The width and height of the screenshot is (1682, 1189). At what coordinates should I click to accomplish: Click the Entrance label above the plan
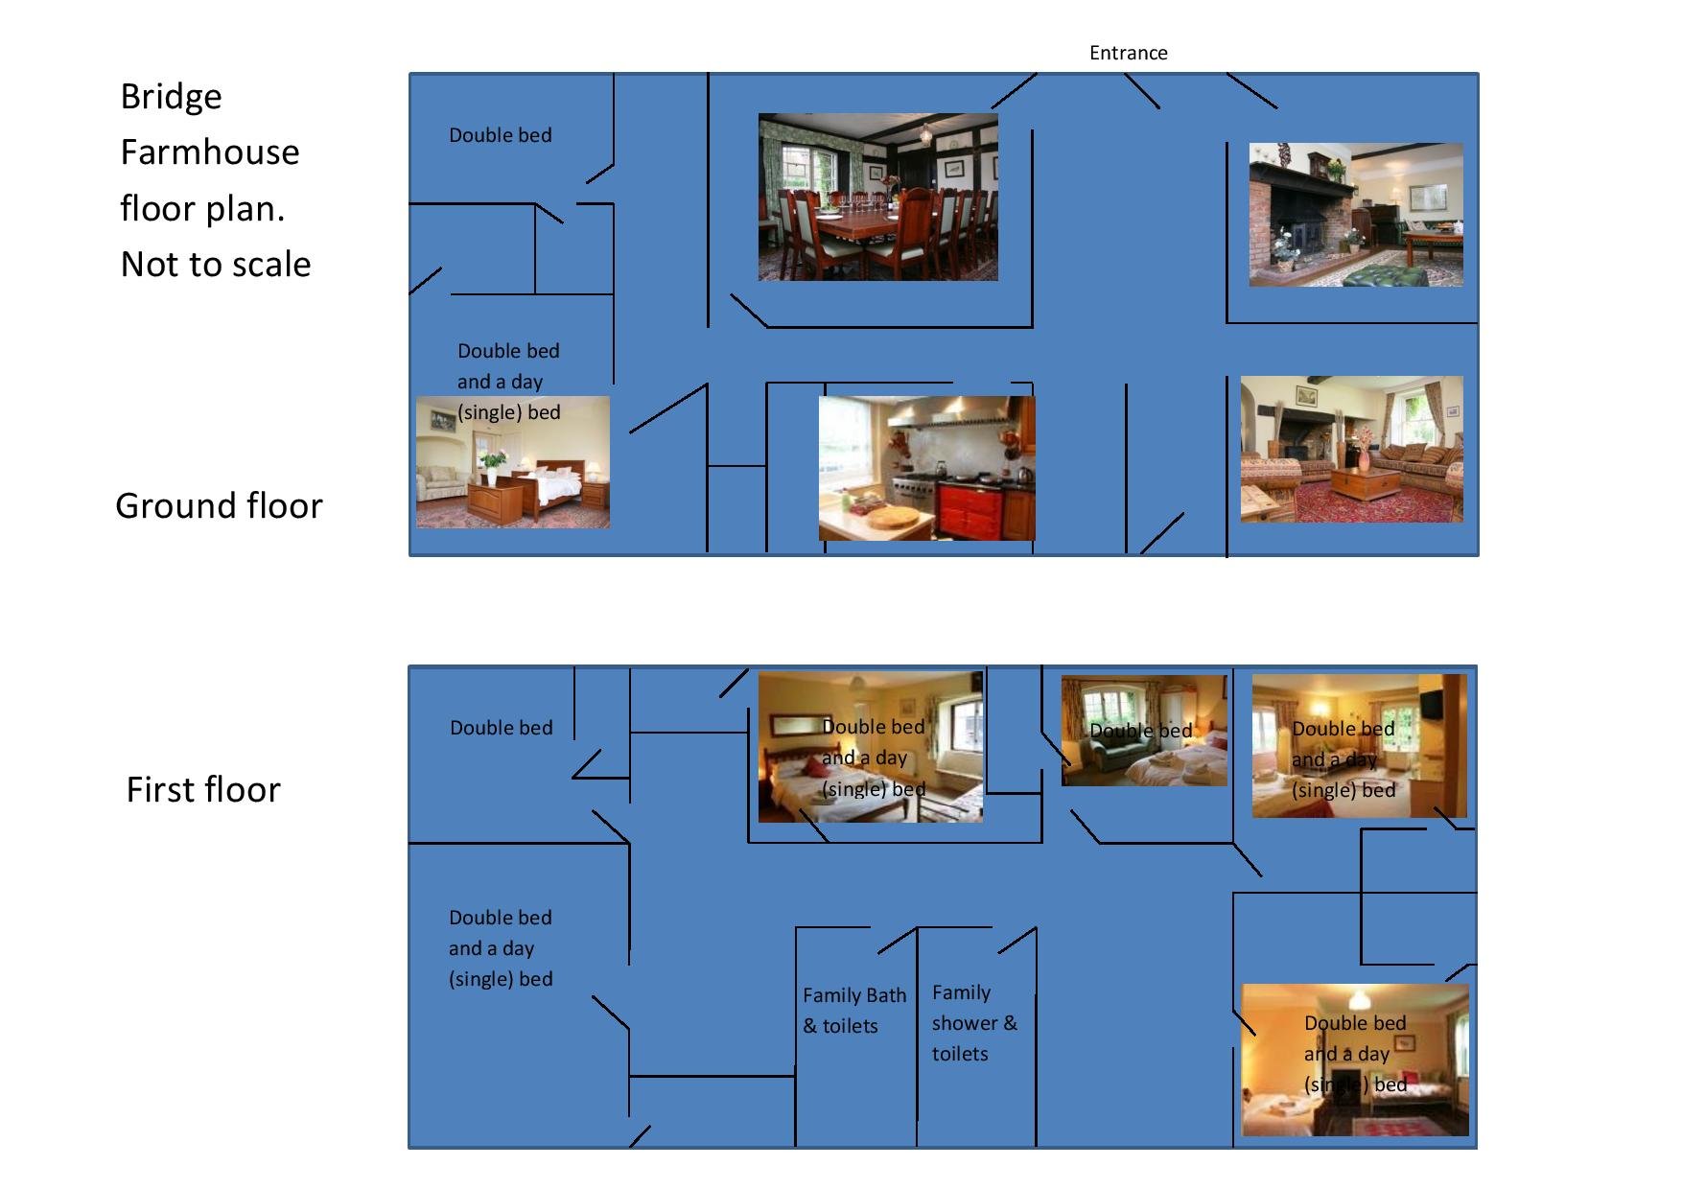pos(1128,53)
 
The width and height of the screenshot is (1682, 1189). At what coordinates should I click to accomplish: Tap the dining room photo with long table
pos(877,198)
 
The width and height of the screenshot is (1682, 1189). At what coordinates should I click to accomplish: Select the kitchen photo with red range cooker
pos(926,468)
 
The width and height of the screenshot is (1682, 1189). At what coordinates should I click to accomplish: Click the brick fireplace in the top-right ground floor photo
pos(1290,221)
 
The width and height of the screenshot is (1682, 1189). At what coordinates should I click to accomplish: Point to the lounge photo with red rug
pos(1351,449)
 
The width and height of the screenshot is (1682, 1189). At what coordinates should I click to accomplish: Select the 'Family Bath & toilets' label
pos(853,1011)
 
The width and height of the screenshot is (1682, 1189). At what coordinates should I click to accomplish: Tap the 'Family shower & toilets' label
pos(973,1023)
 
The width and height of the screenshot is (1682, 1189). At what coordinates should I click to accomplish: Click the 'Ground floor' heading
pos(219,505)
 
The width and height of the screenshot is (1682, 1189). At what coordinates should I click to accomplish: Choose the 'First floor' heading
pos(203,789)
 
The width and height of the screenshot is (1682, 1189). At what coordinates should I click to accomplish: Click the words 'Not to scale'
pos(216,264)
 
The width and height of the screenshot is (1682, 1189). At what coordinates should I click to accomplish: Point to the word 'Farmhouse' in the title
pos(210,152)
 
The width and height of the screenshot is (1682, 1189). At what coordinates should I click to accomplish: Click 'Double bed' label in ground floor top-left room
pos(501,135)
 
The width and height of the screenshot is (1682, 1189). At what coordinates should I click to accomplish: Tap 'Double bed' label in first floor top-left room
pos(502,728)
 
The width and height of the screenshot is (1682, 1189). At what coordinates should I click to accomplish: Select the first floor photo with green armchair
pos(1143,731)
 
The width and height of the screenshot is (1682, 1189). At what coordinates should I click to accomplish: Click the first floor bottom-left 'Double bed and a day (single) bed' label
pos(501,948)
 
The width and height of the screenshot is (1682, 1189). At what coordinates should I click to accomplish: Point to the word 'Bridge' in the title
pos(171,96)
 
